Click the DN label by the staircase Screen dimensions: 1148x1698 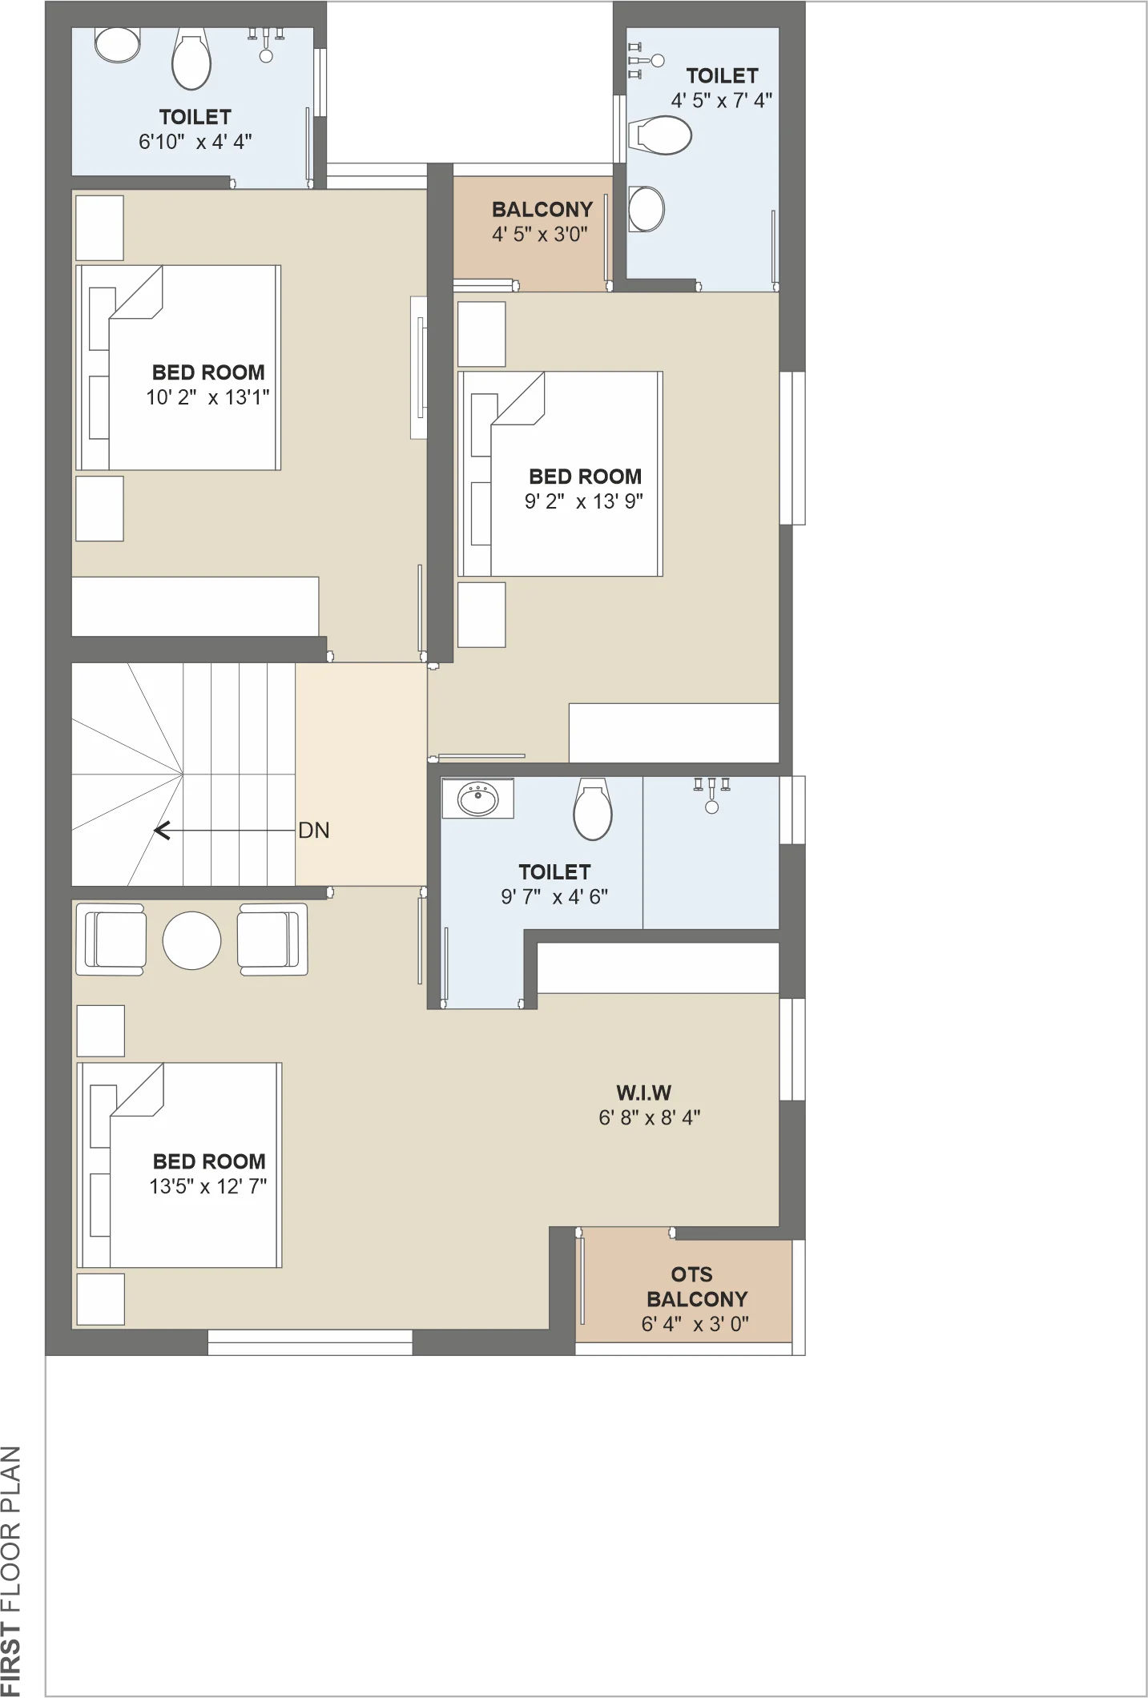point(314,831)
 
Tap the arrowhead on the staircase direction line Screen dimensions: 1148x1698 point(161,831)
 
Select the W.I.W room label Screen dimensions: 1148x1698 point(643,1092)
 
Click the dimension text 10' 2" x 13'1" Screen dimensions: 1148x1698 point(207,397)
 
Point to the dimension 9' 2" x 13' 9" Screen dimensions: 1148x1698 point(584,501)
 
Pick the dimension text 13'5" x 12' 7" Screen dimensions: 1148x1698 point(208,1186)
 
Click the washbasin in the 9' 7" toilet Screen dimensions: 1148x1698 point(478,799)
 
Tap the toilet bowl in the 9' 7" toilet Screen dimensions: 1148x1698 point(593,810)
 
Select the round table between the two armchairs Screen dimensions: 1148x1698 point(191,940)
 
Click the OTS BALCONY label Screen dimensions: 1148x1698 point(696,1286)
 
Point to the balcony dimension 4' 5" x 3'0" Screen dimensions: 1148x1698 point(540,235)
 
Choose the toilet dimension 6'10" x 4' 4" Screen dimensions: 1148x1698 point(195,142)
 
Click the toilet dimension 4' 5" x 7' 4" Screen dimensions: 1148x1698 point(721,100)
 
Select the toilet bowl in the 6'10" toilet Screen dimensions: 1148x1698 point(191,59)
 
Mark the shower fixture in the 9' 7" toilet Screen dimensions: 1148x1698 point(711,795)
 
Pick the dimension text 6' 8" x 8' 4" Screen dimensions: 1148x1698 point(650,1117)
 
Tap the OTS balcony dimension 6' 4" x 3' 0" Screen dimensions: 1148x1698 point(695,1324)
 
